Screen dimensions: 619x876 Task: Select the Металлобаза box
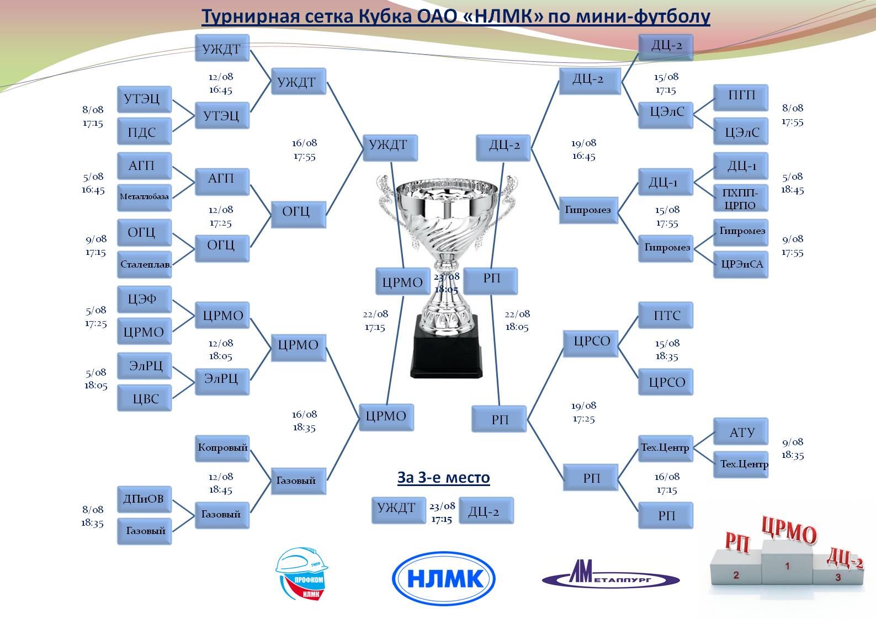tap(144, 197)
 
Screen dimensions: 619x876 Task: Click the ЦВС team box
tap(144, 398)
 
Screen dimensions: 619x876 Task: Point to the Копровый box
tap(222, 447)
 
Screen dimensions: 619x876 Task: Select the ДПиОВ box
tap(144, 499)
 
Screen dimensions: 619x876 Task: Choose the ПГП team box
tap(741, 96)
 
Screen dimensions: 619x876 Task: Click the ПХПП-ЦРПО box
tap(740, 199)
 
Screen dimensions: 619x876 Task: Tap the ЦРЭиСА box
tap(741, 264)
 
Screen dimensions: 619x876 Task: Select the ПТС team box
tap(666, 316)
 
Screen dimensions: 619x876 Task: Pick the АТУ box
tap(741, 433)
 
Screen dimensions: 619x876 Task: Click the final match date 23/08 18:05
tap(446, 283)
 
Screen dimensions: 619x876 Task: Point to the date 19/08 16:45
tap(583, 150)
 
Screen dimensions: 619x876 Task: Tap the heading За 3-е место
tap(443, 478)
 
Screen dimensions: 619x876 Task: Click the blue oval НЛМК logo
tap(443, 579)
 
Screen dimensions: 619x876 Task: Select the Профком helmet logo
tap(301, 574)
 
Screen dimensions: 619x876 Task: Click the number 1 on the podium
tap(788, 566)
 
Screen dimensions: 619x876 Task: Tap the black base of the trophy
tap(446, 348)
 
